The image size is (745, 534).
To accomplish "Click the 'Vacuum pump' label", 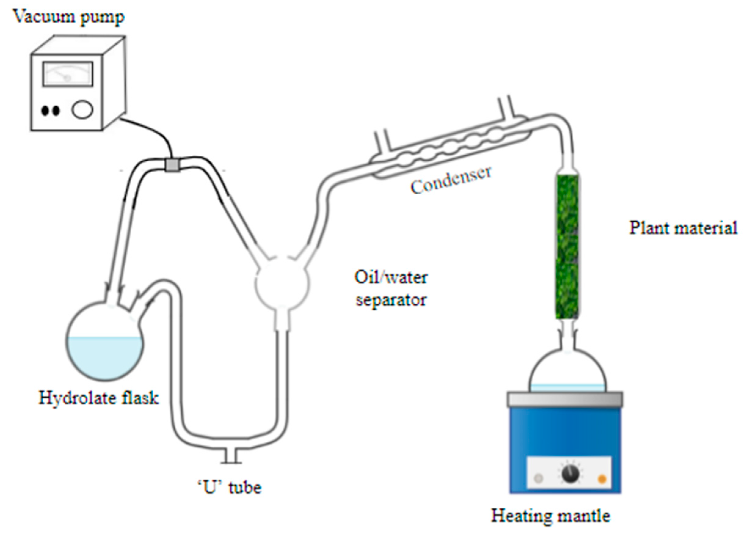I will click(69, 16).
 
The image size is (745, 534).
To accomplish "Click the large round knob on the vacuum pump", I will click(82, 109).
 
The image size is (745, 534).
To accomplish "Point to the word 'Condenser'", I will click(451, 180).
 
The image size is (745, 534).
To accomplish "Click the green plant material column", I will click(567, 247).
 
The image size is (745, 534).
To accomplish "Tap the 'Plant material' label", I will click(683, 228).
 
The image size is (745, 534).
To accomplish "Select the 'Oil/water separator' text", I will click(391, 288).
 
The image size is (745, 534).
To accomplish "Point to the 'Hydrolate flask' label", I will click(99, 398).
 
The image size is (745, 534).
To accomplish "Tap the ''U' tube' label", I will click(230, 487).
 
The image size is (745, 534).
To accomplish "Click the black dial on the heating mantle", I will click(570, 474).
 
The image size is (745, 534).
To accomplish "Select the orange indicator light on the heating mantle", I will click(602, 479).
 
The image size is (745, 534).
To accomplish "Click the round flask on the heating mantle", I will click(568, 371).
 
